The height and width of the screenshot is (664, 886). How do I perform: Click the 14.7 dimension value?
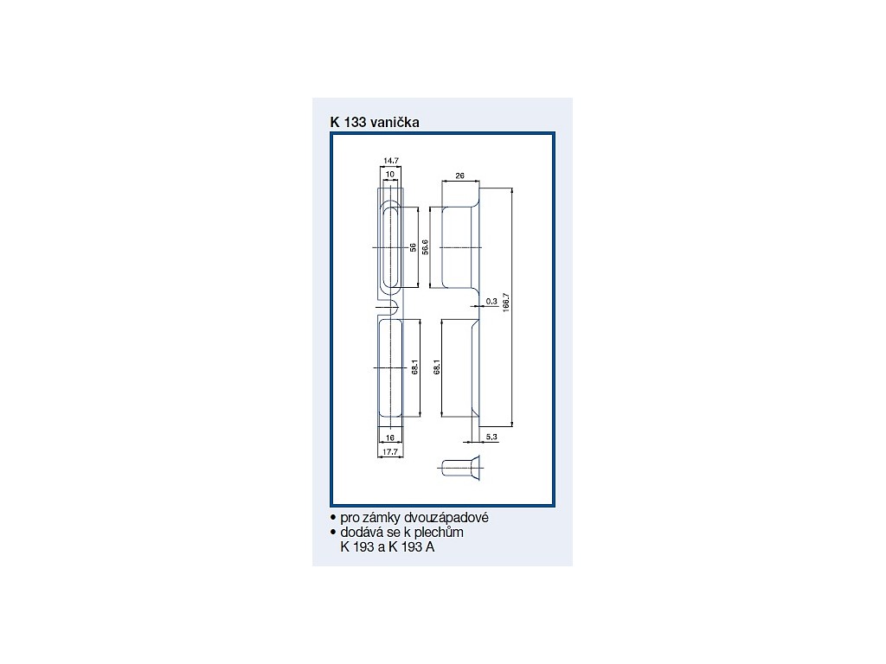pos(391,161)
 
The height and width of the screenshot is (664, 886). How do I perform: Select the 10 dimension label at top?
pos(390,175)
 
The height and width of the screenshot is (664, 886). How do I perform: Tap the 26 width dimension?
pos(459,176)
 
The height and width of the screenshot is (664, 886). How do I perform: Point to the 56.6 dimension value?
pos(425,247)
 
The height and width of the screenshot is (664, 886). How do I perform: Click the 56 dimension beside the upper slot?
pos(413,247)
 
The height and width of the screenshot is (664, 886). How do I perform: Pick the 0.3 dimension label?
pos(491,302)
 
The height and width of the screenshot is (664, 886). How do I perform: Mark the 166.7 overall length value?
pos(506,303)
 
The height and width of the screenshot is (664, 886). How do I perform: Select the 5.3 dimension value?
pos(491,437)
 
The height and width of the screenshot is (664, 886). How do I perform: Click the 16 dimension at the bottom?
pos(390,437)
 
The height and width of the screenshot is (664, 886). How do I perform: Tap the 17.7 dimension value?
pos(390,451)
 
